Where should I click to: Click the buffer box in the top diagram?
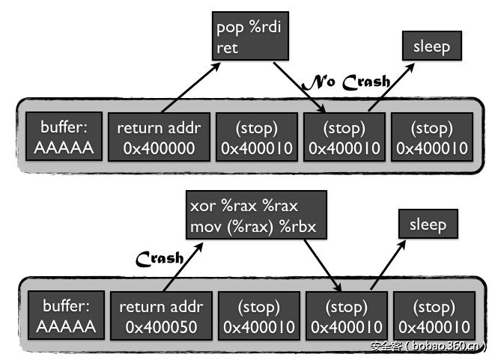coord(64,138)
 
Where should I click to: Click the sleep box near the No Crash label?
coord(431,46)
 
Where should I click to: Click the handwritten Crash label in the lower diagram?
coord(160,258)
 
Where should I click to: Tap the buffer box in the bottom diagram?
coord(64,317)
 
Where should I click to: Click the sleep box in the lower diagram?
coord(428,225)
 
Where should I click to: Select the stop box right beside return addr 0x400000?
coord(257,138)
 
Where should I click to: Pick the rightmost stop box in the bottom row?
coord(434,317)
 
